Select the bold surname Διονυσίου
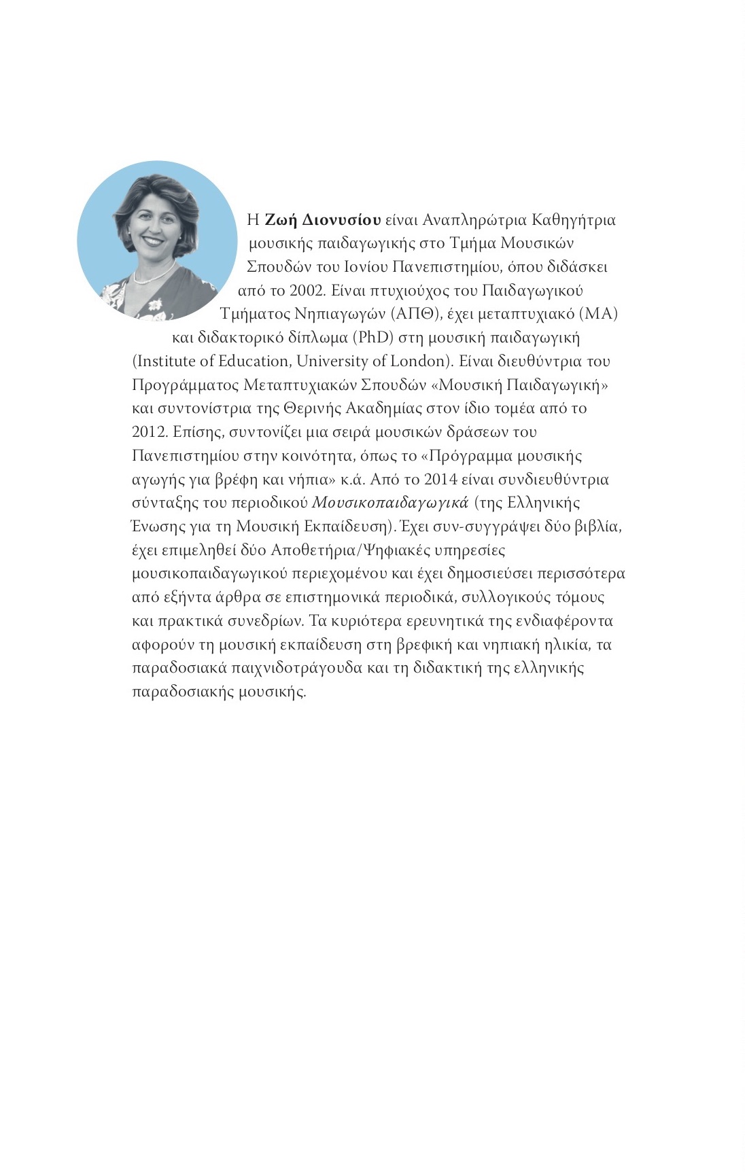(x=341, y=220)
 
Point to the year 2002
(x=308, y=291)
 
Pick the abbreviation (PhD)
(x=372, y=338)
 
